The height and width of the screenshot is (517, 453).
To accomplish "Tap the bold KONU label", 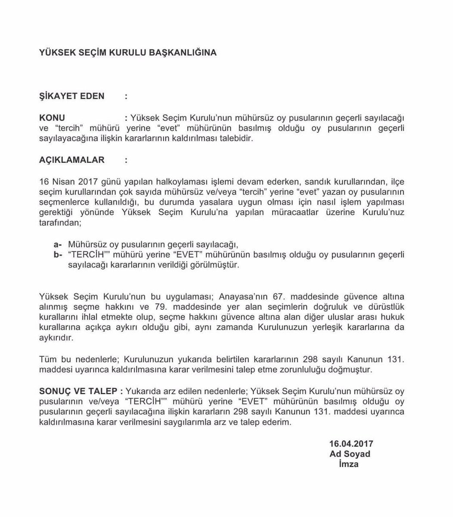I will pyautogui.click(x=52, y=118).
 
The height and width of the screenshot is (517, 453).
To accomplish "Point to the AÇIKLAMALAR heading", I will pyautogui.click(x=72, y=160).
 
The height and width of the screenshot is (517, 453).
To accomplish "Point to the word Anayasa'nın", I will pyautogui.click(x=244, y=296).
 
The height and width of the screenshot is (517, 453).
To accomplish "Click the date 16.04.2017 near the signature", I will pyautogui.click(x=351, y=443).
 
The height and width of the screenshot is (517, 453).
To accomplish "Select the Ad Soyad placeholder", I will pyautogui.click(x=350, y=454).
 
